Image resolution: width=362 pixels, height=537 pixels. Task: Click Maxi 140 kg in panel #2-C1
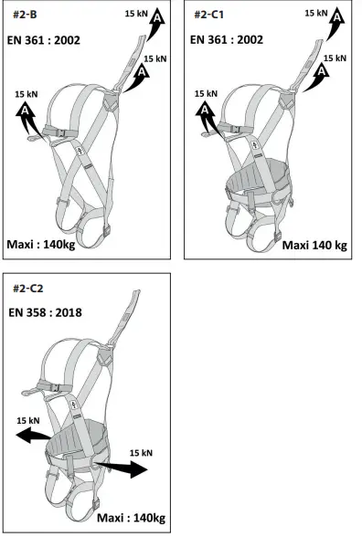point(315,244)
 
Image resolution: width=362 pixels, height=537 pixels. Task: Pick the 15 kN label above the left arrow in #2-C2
point(27,421)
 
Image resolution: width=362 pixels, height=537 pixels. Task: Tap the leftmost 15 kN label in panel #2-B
point(27,94)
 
